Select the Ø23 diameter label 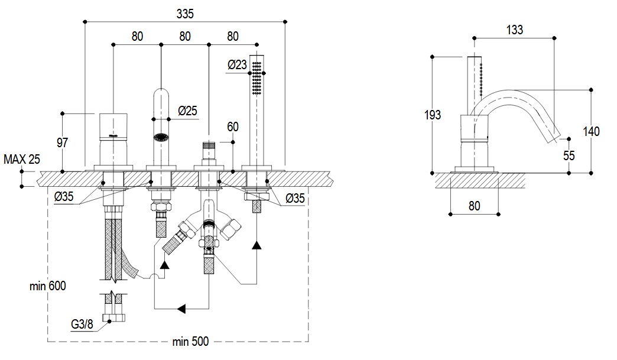pyautogui.click(x=236, y=65)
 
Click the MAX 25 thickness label pyautogui.click(x=22, y=159)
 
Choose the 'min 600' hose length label pyautogui.click(x=48, y=286)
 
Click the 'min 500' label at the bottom pyautogui.click(x=190, y=342)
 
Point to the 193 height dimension pyautogui.click(x=433, y=115)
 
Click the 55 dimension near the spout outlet pyautogui.click(x=569, y=156)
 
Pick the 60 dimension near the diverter pyautogui.click(x=232, y=127)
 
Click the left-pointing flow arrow pyautogui.click(x=182, y=309)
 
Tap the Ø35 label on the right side pyautogui.click(x=295, y=199)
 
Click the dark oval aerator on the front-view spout pyautogui.click(x=161, y=138)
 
